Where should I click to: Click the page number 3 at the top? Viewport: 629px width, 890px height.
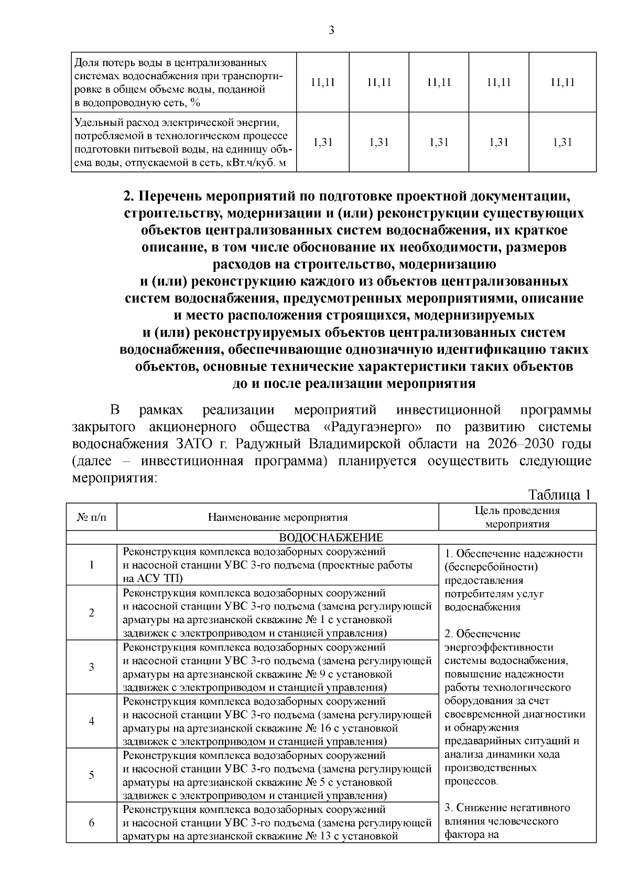tap(331, 30)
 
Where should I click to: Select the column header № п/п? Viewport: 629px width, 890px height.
tap(91, 518)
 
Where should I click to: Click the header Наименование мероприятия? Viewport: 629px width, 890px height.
tap(278, 518)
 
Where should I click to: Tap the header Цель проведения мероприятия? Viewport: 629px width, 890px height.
tap(517, 517)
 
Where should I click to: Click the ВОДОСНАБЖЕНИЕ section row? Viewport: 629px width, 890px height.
tap(331, 538)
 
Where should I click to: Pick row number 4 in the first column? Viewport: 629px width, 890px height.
tap(91, 721)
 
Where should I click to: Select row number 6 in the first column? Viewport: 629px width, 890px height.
tap(91, 822)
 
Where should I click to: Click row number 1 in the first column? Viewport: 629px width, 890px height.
tap(91, 565)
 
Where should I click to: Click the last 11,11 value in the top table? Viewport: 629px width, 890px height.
tap(562, 82)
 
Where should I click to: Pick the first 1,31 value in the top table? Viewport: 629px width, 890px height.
tap(322, 142)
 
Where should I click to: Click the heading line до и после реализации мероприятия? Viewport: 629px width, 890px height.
tap(354, 383)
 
